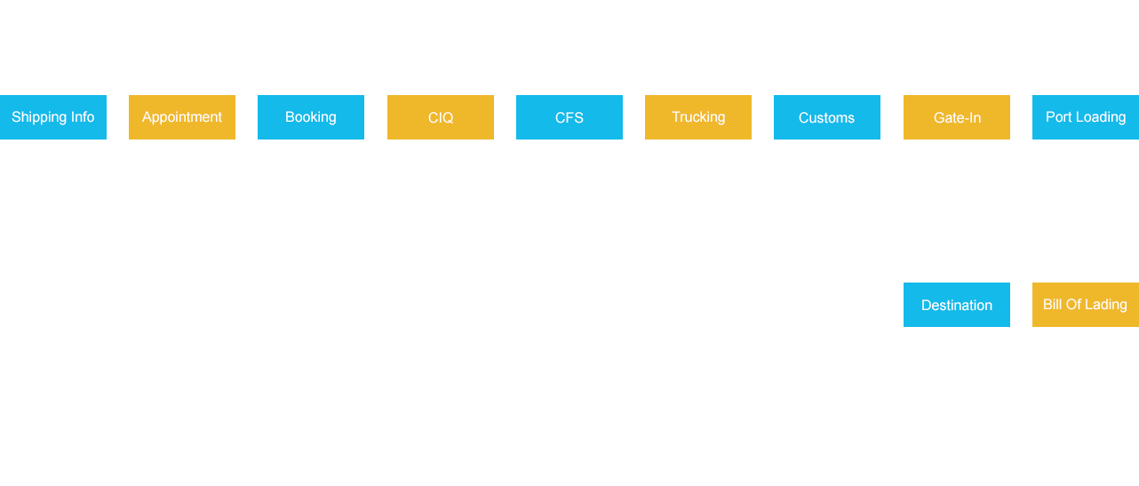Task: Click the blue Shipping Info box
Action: (x=53, y=116)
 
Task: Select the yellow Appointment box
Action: (x=181, y=116)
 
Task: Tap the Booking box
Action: (x=310, y=116)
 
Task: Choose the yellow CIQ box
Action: (x=440, y=116)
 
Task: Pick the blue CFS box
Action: (x=569, y=116)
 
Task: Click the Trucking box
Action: (x=697, y=116)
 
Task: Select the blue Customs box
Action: (x=826, y=116)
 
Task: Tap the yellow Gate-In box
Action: (x=956, y=116)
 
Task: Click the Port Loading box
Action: (x=1085, y=116)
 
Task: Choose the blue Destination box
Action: (x=956, y=304)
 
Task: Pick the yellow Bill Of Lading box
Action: (x=1085, y=304)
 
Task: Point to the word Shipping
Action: (x=38, y=117)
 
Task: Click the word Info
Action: (x=82, y=117)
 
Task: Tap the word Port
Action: (x=1058, y=117)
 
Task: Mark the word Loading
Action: (x=1101, y=117)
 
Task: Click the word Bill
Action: (x=1053, y=305)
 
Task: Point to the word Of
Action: (x=1076, y=305)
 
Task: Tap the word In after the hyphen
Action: (x=975, y=118)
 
